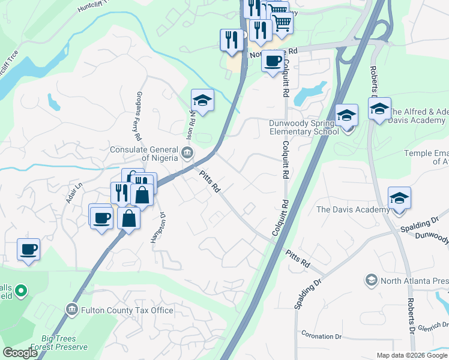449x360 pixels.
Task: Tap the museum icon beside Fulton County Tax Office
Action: (x=71, y=310)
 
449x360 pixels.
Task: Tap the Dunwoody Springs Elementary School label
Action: (x=304, y=127)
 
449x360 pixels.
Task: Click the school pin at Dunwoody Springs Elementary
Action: (x=346, y=115)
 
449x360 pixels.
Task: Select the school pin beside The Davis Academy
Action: (x=399, y=199)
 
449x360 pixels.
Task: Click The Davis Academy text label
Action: (x=353, y=209)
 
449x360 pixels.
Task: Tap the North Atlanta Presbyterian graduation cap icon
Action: (x=371, y=280)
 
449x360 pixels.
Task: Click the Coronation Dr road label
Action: (x=321, y=335)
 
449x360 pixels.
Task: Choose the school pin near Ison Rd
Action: (x=203, y=100)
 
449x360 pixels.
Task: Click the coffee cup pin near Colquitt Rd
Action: (x=273, y=62)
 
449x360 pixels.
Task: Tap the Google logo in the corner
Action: (x=20, y=353)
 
